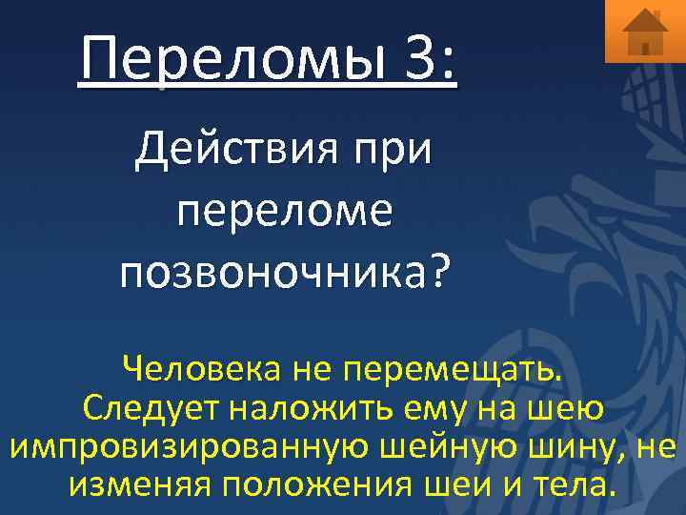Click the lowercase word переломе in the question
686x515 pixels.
click(284, 212)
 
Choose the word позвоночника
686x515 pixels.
click(272, 274)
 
